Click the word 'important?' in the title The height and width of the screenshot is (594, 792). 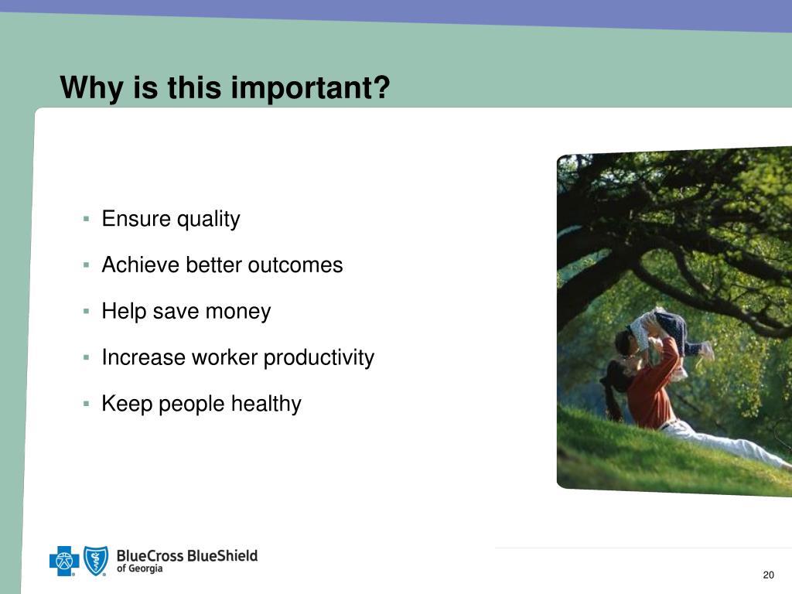(x=311, y=88)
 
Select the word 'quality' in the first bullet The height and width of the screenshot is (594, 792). (x=208, y=220)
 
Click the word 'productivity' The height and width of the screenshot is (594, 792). (x=319, y=357)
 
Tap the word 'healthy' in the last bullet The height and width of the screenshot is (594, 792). (x=266, y=404)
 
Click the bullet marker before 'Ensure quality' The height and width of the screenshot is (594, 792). (x=87, y=219)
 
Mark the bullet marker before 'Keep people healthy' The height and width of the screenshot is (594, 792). (x=87, y=404)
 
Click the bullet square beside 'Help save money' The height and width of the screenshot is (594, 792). (x=87, y=311)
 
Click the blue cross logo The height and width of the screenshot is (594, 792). (x=64, y=561)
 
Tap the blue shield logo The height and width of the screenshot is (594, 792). (x=95, y=561)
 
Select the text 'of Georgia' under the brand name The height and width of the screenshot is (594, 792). (x=139, y=568)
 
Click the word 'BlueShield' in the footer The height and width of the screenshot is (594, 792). (x=222, y=555)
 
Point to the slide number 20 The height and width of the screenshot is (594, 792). (x=768, y=575)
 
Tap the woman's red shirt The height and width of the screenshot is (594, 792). (x=651, y=389)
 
